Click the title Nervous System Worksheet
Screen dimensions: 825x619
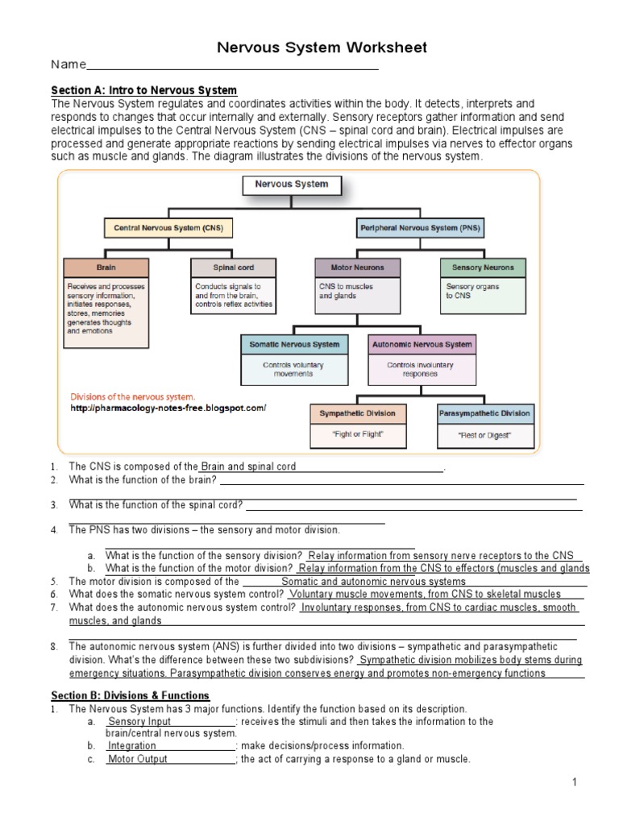322,48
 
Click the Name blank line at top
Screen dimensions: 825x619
232,66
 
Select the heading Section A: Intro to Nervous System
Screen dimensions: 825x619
143,90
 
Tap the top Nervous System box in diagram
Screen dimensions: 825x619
292,184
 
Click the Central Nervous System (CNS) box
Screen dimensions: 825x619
168,228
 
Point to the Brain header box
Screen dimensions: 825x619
106,267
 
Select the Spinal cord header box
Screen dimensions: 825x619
234,267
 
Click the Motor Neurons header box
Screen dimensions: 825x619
357,267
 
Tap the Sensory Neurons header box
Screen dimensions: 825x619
483,267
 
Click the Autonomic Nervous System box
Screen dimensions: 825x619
421,344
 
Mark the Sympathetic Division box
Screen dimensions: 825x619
358,413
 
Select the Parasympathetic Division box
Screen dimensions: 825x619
485,413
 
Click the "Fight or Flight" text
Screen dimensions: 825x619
358,434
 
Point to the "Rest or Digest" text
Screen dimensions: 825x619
485,436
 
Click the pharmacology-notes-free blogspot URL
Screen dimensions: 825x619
168,408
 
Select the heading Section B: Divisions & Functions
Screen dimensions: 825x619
130,695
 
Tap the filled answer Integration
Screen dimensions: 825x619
132,746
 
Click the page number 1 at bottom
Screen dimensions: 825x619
575,782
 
